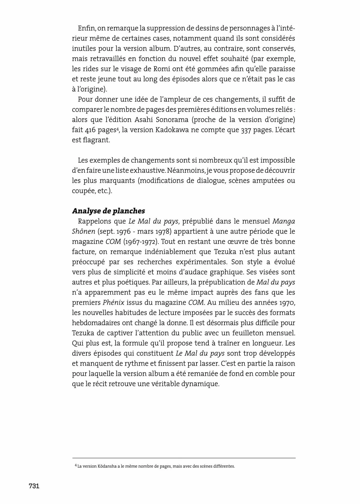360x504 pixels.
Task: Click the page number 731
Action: (34, 486)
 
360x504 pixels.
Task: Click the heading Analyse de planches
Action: (108, 211)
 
